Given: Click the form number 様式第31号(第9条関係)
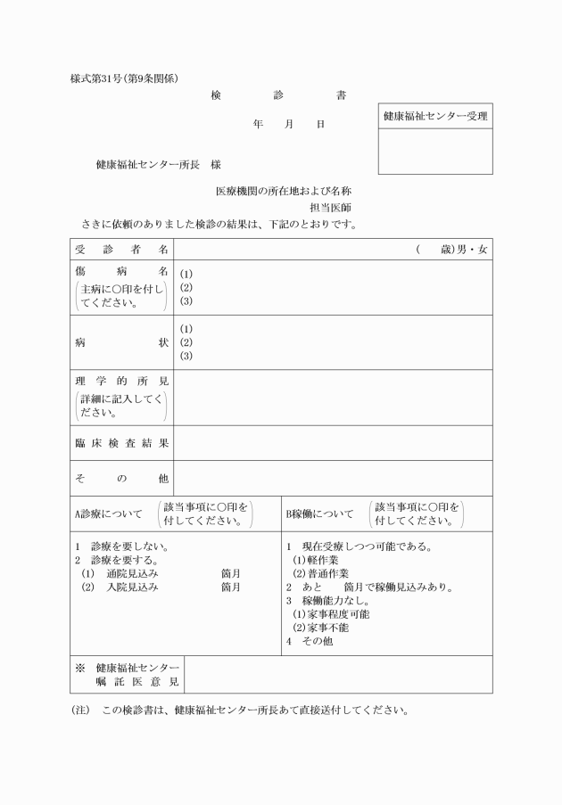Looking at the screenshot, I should [130, 78].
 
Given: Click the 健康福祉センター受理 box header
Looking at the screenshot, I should [435, 116].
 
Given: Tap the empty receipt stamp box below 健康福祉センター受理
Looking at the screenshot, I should [435, 152].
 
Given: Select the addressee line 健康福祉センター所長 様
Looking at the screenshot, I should [159, 165].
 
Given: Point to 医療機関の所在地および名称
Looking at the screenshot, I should [284, 192].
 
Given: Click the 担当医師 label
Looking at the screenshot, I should [331, 208].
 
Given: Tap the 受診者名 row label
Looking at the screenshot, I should [121, 249].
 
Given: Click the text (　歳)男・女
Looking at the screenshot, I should [451, 249].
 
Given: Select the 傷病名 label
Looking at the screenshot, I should [121, 270].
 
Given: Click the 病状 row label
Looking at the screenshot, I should [121, 342].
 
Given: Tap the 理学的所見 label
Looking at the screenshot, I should [121, 382].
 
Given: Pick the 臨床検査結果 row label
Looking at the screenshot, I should [121, 443].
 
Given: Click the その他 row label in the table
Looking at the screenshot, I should [121, 479].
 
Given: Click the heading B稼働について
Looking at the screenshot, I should [319, 514].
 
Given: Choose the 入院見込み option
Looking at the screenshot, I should [131, 587].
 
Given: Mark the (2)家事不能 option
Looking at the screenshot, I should [320, 628].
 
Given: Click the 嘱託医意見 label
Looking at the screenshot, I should [138, 682].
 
